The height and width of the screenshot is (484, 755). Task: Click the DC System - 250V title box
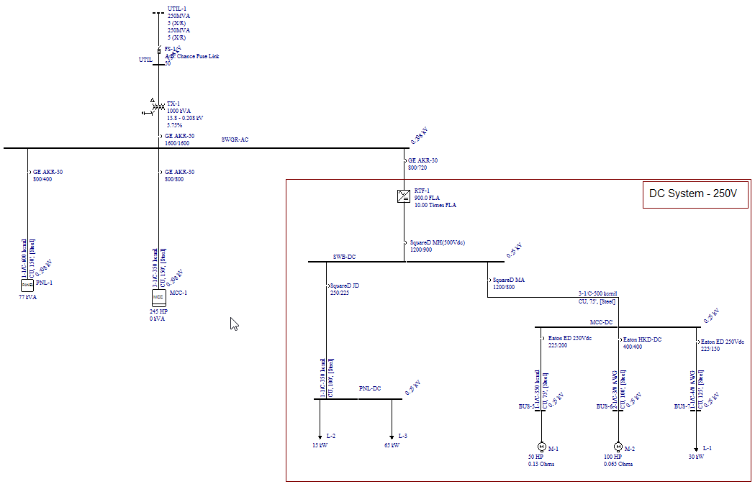coord(695,194)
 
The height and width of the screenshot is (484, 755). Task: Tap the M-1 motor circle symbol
coord(541,447)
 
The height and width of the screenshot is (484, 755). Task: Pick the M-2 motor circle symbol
coord(618,447)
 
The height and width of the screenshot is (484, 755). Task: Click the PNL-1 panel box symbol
coord(27,286)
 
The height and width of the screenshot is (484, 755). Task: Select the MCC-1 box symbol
coord(158,296)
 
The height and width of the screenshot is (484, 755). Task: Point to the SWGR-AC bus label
coord(235,140)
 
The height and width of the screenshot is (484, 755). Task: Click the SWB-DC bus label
coord(344,257)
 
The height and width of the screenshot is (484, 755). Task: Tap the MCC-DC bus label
coord(601,322)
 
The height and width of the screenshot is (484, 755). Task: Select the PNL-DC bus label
coord(370,388)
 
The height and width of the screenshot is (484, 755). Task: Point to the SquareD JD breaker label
coord(345,285)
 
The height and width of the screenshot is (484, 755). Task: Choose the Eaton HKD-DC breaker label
coord(642,339)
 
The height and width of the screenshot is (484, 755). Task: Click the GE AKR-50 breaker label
coord(179,136)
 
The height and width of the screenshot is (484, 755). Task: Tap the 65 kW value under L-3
coord(393,446)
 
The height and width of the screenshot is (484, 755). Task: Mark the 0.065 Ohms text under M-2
coord(619,464)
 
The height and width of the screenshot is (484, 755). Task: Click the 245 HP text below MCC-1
coord(158,311)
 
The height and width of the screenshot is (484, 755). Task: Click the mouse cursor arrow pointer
coord(233,323)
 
